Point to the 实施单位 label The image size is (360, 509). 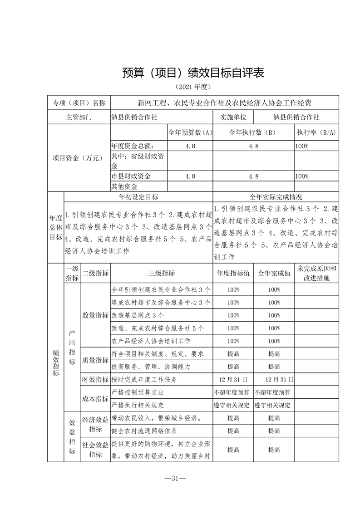234,117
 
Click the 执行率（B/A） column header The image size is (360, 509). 316,133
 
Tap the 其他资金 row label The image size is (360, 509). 125,186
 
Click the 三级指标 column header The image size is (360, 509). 162,274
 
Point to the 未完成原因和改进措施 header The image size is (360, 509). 316,274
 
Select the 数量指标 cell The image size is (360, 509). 95,315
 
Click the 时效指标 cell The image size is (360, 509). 95,380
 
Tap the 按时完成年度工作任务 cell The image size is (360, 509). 144,380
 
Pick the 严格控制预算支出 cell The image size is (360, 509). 138,392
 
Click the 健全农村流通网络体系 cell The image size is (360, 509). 144,431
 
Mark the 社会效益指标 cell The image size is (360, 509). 95,450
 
